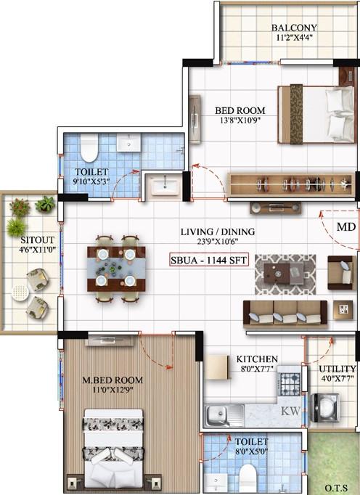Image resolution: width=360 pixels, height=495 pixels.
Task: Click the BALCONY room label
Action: click(294, 28)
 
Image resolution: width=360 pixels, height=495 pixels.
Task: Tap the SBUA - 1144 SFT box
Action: click(208, 260)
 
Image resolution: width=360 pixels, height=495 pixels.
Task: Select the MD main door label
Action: click(346, 226)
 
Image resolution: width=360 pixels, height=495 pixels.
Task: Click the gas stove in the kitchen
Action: click(290, 381)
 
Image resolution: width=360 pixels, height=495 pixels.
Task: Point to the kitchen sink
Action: click(225, 415)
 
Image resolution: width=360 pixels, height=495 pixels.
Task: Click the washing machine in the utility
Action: click(325, 408)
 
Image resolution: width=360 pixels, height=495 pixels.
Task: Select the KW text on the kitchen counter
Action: click(290, 411)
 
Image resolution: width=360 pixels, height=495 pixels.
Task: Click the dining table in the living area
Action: click(116, 269)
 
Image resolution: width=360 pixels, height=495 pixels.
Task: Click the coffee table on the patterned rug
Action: click(284, 273)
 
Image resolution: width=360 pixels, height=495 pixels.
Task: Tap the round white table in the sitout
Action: click(20, 293)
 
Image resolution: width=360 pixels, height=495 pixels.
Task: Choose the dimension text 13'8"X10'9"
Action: click(240, 120)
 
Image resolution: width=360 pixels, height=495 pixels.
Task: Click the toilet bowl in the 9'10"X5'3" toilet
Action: click(89, 148)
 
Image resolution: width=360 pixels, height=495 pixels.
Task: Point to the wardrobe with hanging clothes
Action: click(290, 184)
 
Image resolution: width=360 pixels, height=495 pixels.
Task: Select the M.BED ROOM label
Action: click(112, 380)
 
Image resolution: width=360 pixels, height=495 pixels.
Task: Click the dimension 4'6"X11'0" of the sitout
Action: click(37, 250)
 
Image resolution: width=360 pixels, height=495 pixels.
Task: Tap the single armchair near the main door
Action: click(341, 273)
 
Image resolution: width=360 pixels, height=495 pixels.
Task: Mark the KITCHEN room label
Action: click(257, 359)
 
